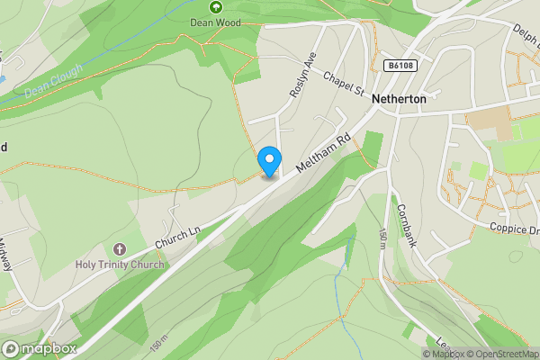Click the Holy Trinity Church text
point(120,264)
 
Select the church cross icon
point(120,248)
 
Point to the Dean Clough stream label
point(53,79)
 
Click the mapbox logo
point(40,348)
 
